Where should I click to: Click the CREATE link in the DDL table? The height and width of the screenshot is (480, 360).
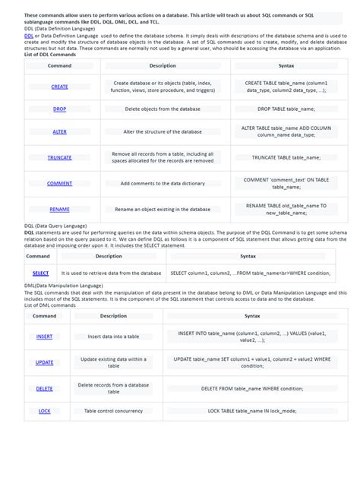[x=59, y=87]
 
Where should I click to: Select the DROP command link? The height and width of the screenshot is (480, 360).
[x=59, y=109]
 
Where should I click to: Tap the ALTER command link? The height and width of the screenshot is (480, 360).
[x=59, y=131]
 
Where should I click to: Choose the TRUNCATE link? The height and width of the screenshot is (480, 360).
[x=59, y=157]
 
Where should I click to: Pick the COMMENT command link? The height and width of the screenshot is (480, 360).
[x=59, y=183]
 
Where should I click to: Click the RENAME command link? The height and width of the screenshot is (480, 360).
[x=59, y=209]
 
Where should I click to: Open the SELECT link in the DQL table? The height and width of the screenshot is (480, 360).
[x=40, y=273]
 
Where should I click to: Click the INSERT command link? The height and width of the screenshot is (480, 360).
[x=44, y=336]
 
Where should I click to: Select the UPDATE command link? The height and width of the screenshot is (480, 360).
[x=44, y=362]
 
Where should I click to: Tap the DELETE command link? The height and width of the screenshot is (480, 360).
[x=44, y=388]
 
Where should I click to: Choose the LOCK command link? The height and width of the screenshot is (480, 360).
[x=44, y=411]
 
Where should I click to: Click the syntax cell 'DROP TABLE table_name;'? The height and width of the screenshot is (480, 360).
[x=289, y=109]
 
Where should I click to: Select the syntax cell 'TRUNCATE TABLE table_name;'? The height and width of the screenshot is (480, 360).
[x=289, y=157]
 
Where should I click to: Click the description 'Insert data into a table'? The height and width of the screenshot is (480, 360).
[x=113, y=336]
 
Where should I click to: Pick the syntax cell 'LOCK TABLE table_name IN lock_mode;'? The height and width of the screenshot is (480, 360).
[x=252, y=411]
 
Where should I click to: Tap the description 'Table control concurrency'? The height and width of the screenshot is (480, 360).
[x=113, y=411]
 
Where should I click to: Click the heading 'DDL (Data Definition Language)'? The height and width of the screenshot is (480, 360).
[x=60, y=29]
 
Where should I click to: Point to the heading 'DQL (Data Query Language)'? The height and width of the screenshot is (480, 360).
[x=53, y=226]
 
